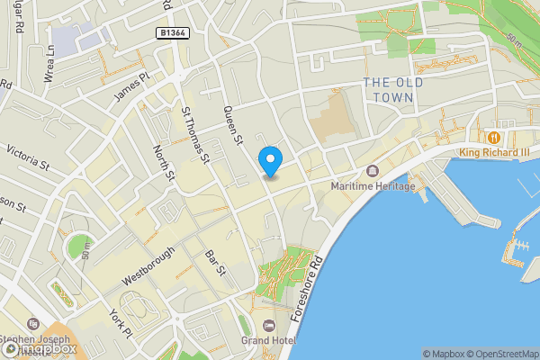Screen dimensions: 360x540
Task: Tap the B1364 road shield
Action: pos(172,33)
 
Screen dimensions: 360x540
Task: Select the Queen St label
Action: pos(234,123)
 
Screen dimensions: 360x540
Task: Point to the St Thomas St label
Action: pos(195,135)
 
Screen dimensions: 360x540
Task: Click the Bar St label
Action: pos(215,264)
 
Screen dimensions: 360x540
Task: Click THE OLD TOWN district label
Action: pos(389,90)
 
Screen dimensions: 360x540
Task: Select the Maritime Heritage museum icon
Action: pos(372,171)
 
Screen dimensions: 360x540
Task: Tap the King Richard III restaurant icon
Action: pos(494,137)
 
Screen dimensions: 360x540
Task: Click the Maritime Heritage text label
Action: pos(373,186)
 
